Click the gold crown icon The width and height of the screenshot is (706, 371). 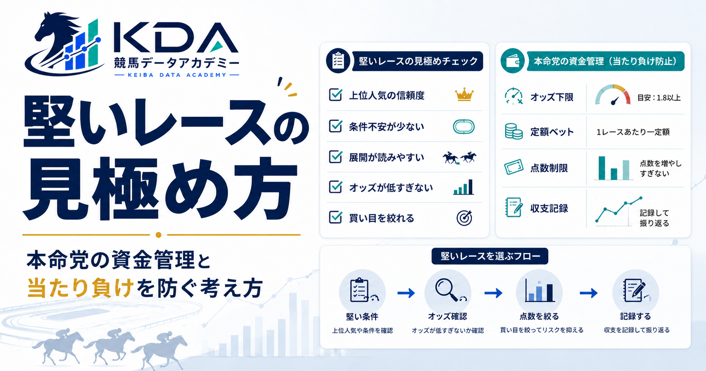tap(464, 95)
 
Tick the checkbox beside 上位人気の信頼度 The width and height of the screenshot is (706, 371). tap(336, 95)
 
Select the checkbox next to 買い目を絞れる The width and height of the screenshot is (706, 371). tap(336, 217)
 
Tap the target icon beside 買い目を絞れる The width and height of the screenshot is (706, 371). tap(464, 218)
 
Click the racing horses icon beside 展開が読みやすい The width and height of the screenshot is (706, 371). tap(460, 158)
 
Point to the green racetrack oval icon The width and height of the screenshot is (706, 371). tap(464, 127)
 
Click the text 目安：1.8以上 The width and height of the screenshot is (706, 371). tap(659, 98)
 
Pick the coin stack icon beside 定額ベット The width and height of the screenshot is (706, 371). tap(513, 131)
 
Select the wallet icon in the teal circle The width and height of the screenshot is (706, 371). tap(513, 61)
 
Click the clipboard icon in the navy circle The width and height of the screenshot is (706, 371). tap(338, 61)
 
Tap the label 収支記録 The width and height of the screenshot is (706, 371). tap(549, 209)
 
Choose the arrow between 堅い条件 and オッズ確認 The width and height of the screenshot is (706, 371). tap(406, 293)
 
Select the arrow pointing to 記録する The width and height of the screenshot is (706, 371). tap(589, 293)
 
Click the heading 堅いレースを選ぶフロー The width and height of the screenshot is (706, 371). tap(490, 256)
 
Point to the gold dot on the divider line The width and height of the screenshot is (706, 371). tap(159, 235)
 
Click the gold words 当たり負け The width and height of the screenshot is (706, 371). tap(80, 288)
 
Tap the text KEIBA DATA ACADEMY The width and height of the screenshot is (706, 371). tap(177, 75)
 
